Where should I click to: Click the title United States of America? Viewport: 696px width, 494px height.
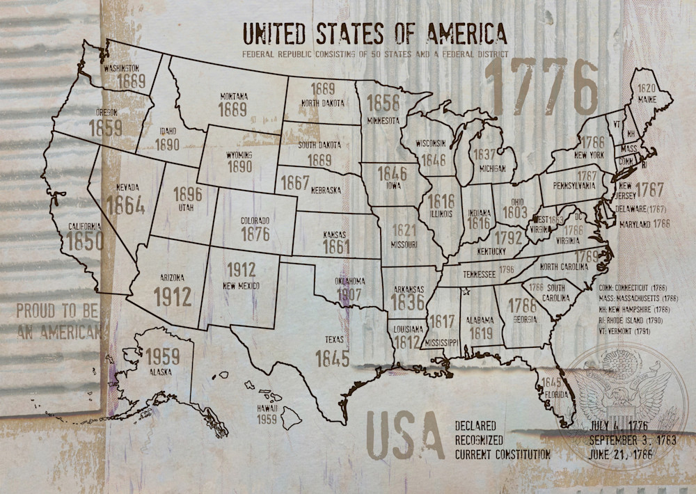pos(374,33)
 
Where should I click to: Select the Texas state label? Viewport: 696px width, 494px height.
pos(331,340)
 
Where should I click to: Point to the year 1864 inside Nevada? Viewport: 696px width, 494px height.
pos(125,205)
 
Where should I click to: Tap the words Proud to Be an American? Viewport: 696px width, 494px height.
pos(58,321)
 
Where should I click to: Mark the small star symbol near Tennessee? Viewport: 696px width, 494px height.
pos(466,291)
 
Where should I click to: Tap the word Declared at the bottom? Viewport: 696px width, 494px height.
pos(475,425)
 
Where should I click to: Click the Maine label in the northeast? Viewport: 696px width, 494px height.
pos(647,99)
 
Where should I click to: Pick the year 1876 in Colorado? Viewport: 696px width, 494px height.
pos(255,234)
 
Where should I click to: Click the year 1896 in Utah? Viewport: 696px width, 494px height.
pos(187,193)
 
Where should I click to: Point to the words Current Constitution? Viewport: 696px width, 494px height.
pos(503,454)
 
